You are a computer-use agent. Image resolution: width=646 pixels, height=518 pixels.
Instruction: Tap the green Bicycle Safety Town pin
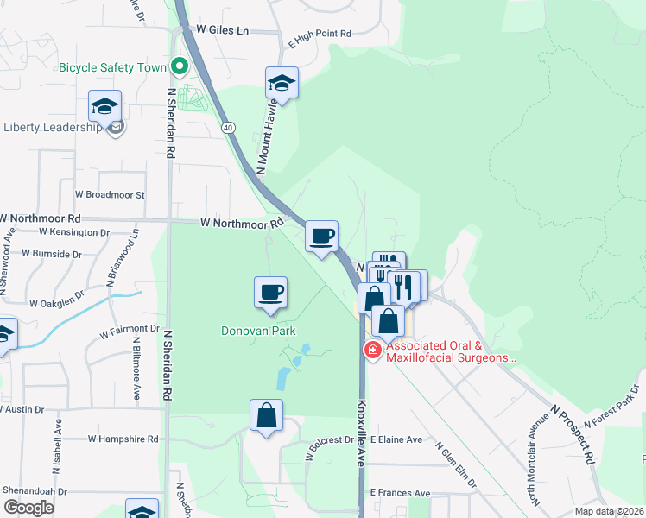pyautogui.click(x=180, y=66)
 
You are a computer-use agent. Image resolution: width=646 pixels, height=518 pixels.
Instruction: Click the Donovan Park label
pyautogui.click(x=259, y=331)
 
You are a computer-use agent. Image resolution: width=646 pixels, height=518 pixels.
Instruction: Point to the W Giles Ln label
pyautogui.click(x=222, y=30)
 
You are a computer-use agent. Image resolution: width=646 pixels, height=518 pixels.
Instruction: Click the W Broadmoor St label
pyautogui.click(x=110, y=195)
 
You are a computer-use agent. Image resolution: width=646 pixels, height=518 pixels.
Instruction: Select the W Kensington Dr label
pyautogui.click(x=75, y=233)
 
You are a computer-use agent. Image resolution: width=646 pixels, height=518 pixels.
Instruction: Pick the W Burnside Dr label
pyautogui.click(x=51, y=255)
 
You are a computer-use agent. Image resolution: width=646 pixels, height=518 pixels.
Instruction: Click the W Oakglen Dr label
pyautogui.click(x=57, y=304)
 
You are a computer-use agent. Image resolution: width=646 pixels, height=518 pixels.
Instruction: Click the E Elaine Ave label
pyautogui.click(x=396, y=439)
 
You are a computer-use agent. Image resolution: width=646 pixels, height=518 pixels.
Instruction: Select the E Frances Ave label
pyautogui.click(x=400, y=493)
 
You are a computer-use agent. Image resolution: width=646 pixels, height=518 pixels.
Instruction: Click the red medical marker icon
pyautogui.click(x=372, y=350)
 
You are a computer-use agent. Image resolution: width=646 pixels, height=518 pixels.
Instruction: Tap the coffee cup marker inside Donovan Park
pyautogui.click(x=271, y=292)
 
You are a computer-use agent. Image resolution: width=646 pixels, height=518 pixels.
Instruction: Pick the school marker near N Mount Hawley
pyautogui.click(x=282, y=84)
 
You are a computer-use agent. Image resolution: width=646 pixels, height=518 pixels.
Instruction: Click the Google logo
pyautogui.click(x=28, y=508)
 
